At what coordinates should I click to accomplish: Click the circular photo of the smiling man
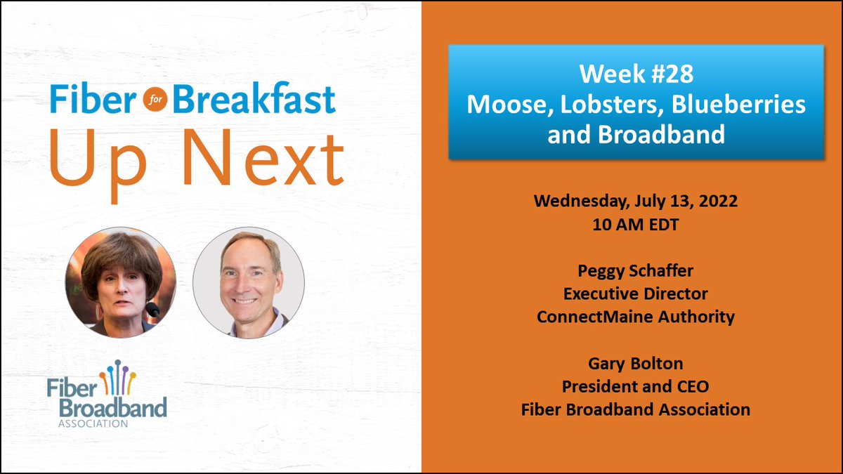249,282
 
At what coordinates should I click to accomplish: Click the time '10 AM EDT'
635,224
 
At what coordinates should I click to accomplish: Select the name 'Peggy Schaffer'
635,270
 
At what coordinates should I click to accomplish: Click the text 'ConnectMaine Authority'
635,317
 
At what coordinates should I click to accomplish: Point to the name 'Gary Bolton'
635,363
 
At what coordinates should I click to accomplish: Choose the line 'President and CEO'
635,386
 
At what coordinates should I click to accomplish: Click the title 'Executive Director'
635,294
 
